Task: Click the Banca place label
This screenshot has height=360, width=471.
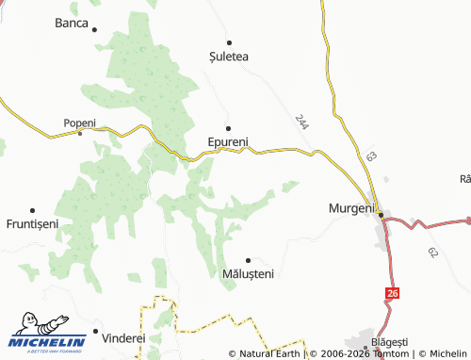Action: pyautogui.click(x=71, y=22)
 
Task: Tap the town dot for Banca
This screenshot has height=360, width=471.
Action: pyautogui.click(x=95, y=29)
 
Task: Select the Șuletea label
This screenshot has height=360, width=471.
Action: pyautogui.click(x=229, y=57)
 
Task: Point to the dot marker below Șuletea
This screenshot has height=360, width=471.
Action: pyautogui.click(x=228, y=41)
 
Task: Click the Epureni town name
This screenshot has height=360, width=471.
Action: pyautogui.click(x=227, y=143)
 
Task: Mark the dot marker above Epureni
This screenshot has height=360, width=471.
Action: pyautogui.click(x=227, y=127)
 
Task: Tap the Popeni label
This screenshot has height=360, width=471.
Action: pyautogui.click(x=79, y=123)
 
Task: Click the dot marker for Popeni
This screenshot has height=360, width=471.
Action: pyautogui.click(x=80, y=133)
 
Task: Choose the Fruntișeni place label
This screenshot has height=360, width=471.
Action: pyautogui.click(x=32, y=224)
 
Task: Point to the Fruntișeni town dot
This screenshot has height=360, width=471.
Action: pyautogui.click(x=33, y=210)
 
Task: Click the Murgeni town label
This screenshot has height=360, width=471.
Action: pyautogui.click(x=350, y=207)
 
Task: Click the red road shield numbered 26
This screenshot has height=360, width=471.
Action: pyautogui.click(x=389, y=295)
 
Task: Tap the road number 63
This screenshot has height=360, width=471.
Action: pyautogui.click(x=371, y=155)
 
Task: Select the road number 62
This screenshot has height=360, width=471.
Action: pyautogui.click(x=432, y=253)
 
